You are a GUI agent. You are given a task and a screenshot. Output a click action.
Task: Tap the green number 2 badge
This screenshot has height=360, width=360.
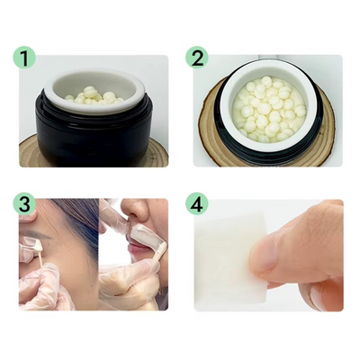(197, 59)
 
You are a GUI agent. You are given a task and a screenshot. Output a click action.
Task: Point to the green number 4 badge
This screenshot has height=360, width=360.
(197, 203)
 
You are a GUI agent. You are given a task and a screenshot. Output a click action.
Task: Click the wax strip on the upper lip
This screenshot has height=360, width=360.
(142, 237)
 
